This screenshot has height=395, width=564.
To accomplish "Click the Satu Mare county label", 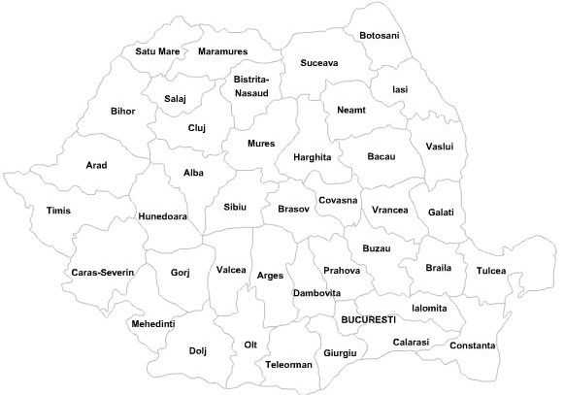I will coord(157,51).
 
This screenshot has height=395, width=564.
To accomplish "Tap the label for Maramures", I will coord(222,51).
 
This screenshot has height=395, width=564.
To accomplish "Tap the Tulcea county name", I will coord(491,271).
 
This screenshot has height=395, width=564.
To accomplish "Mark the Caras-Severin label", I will coord(102,273).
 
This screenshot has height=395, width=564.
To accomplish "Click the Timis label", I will coord(58,211).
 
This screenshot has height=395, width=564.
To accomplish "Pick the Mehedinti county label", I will coord(152,323).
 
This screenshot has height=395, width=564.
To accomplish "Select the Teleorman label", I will coord(288,365).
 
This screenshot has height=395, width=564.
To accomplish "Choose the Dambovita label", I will coord(316,292).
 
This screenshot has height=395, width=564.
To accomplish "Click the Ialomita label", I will coord(429,309).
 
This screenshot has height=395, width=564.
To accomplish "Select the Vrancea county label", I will coord(389,210).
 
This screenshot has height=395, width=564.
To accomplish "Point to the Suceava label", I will coord(318,63).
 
